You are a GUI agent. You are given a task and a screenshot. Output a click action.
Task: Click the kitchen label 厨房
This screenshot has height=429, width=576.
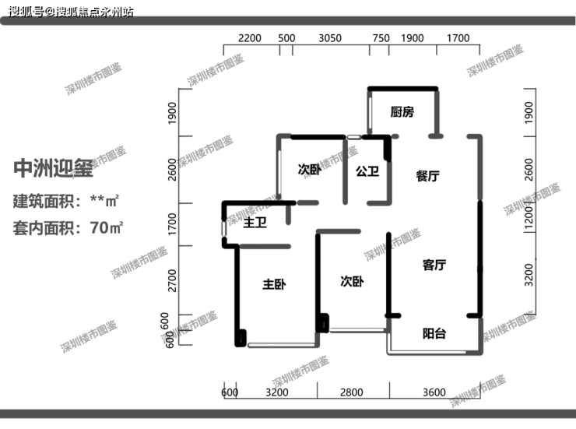tap(402, 111)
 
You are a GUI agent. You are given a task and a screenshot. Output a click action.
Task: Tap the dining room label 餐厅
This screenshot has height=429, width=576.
tap(427, 176)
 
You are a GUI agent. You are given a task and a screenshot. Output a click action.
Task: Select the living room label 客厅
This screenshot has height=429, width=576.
tap(434, 265)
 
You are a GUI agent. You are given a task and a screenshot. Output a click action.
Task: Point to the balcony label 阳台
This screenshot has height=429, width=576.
tap(434, 333)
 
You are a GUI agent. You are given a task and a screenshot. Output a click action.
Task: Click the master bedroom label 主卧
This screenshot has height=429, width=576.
tap(274, 284)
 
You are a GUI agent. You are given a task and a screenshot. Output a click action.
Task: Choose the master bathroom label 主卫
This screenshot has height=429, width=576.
tap(255, 222)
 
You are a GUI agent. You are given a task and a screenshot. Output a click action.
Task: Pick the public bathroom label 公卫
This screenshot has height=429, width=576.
tap(367, 171)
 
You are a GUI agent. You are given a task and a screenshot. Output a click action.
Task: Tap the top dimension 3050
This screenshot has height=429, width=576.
tap(330, 38)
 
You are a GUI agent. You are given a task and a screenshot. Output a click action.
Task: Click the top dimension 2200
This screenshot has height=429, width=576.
tap(250, 38)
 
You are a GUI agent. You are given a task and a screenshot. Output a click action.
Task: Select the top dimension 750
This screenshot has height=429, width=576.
tap(381, 38)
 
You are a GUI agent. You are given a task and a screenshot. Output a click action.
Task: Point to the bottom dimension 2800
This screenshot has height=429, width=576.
tap(352, 392)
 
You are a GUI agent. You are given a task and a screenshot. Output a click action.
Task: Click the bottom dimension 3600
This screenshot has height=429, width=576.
tap(434, 392)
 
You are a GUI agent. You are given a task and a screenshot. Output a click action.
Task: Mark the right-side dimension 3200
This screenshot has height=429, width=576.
tap(529, 275)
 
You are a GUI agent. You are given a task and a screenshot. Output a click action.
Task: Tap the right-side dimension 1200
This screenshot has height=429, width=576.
tap(529, 217)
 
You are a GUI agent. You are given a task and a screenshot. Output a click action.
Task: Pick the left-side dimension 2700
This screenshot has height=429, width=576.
tap(172, 280)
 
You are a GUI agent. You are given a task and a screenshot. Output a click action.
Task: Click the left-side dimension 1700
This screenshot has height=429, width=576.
tap(172, 224)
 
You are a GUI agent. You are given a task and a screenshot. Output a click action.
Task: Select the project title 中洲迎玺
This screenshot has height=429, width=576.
tap(53, 169)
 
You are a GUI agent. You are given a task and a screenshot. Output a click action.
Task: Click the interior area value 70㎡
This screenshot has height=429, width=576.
tap(107, 227)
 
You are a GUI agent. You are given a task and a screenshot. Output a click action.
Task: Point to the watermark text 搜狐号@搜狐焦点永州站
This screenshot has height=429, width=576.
tap(71, 12)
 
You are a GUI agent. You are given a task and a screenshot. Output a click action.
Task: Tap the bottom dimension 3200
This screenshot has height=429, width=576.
tap(277, 392)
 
